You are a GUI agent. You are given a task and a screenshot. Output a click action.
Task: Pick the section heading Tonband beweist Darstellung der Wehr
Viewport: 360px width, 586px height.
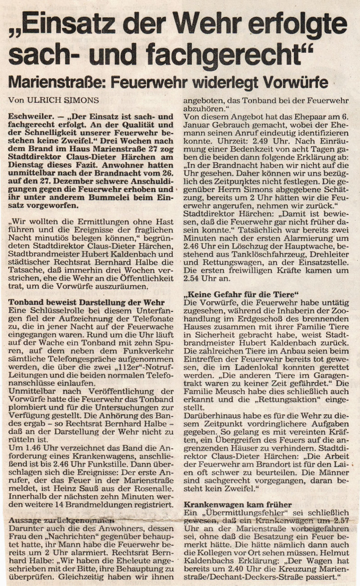[x=86, y=303]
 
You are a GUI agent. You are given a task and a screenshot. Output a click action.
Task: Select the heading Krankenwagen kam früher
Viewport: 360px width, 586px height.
[x=238, y=505]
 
